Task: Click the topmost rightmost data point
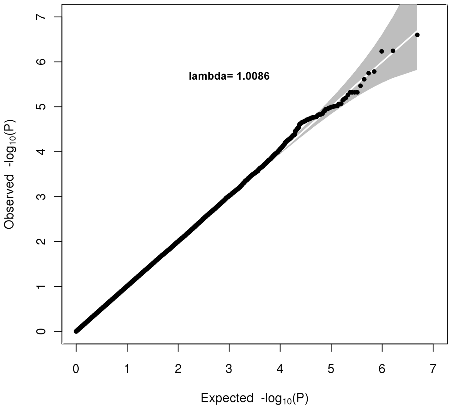(x=417, y=35)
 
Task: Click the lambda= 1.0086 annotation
(x=229, y=76)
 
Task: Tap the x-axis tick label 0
(x=76, y=369)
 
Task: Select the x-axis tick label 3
(x=229, y=369)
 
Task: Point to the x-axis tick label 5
(x=331, y=369)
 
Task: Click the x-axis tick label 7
(x=433, y=369)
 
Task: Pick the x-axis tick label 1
(x=127, y=369)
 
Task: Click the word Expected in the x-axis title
(x=227, y=398)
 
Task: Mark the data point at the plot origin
(x=76, y=331)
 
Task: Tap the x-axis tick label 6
(x=382, y=369)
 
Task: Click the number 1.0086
(x=251, y=76)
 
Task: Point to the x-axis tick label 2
(x=178, y=369)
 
